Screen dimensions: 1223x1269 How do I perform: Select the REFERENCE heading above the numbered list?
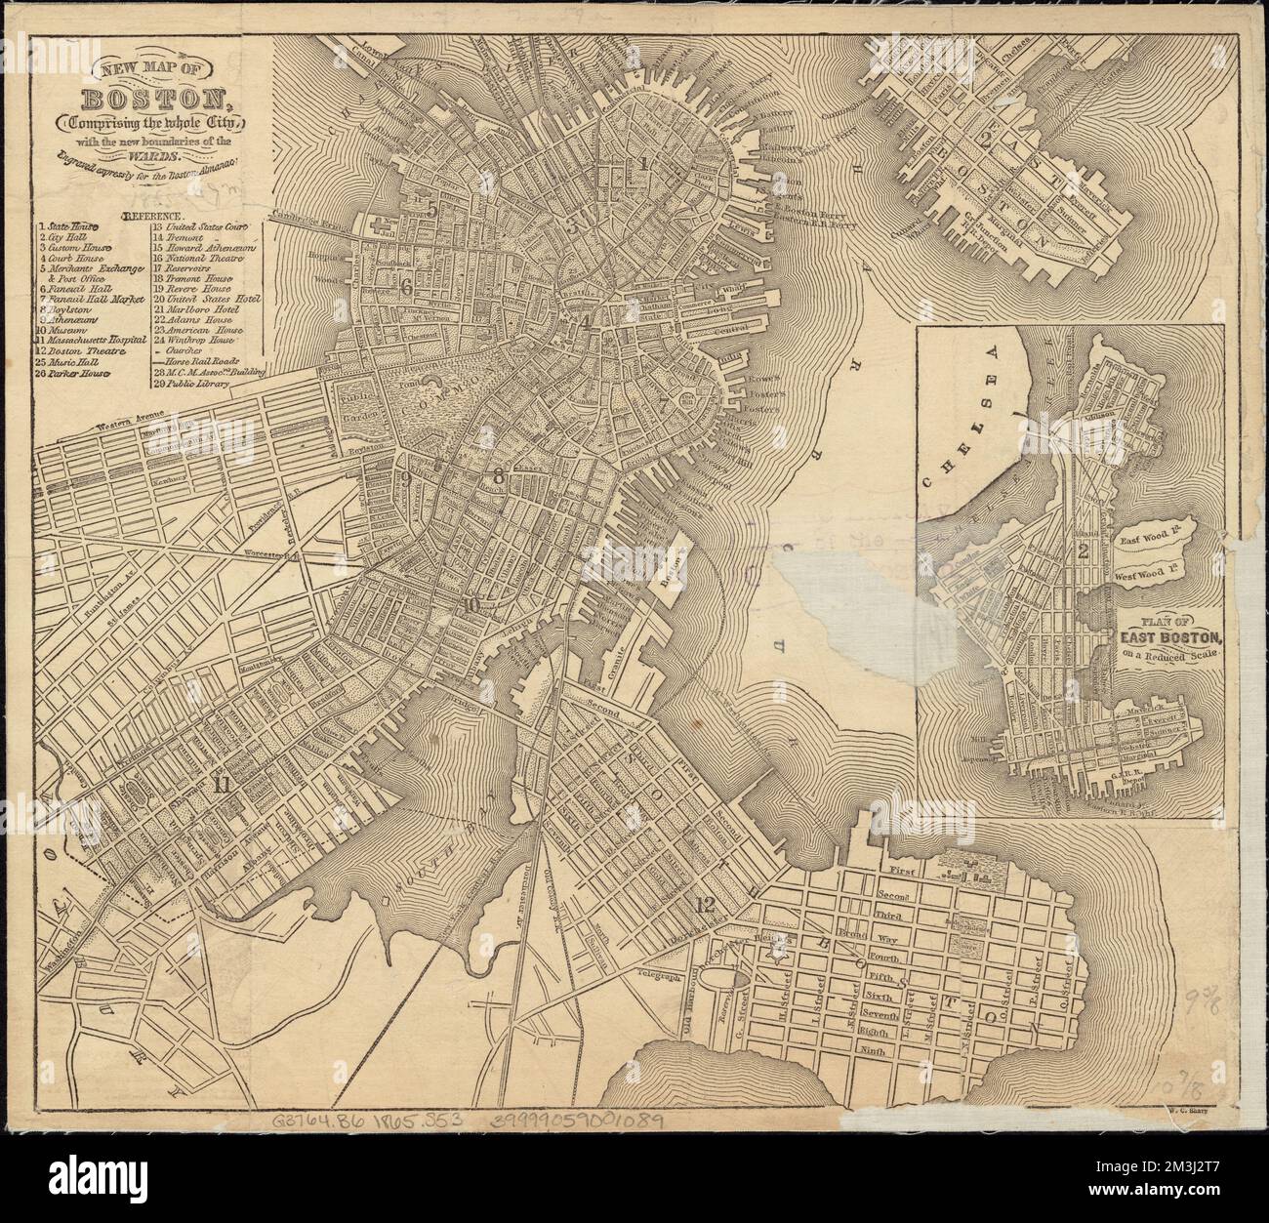pos(151,213)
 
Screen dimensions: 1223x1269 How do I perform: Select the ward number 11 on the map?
pos(223,782)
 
